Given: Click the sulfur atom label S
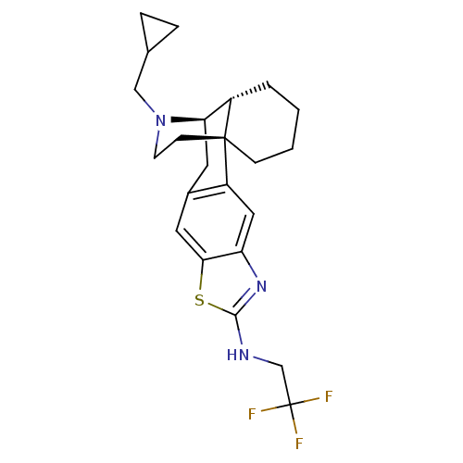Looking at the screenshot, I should tap(199, 300).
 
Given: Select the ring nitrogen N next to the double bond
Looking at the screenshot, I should tap(261, 287).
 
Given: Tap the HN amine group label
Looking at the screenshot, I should tap(238, 355).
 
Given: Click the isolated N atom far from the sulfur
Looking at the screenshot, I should tap(160, 120).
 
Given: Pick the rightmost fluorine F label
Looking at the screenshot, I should tap(329, 397).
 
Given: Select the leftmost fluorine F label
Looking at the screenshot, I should tap(252, 414).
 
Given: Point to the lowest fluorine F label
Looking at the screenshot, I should tap(298, 444).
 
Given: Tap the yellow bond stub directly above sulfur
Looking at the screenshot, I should tap(201, 281).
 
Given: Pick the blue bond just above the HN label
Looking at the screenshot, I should tap(241, 334).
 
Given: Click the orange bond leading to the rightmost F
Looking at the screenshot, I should tap(310, 401).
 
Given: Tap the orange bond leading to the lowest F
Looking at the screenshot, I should tap(295, 425).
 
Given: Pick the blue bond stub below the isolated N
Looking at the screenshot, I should tap(157, 136).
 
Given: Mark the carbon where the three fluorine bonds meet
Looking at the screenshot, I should tap(291, 405).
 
